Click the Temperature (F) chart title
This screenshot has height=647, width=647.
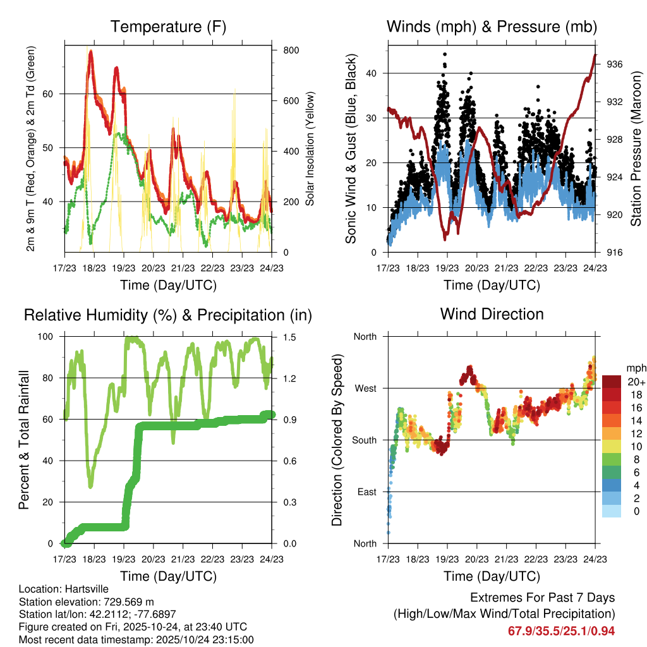click(168, 27)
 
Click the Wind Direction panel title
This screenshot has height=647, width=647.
click(492, 314)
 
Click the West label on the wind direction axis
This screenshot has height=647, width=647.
click(365, 388)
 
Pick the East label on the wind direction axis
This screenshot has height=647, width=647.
click(366, 492)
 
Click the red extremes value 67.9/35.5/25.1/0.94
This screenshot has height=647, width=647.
click(561, 631)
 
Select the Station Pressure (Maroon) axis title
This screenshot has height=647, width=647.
click(636, 148)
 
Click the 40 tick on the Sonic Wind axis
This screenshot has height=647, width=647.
click(372, 73)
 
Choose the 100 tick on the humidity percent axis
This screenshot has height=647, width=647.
click(49, 337)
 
